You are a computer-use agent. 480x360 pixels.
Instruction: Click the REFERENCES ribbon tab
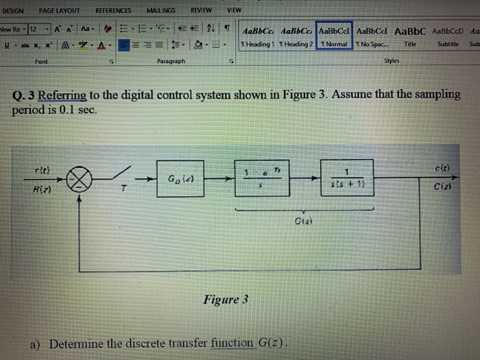(x=113, y=11)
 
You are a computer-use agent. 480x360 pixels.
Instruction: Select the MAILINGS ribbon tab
(x=160, y=11)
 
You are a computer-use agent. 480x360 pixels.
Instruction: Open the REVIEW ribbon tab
(x=201, y=11)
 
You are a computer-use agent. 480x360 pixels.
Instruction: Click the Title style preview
(x=410, y=37)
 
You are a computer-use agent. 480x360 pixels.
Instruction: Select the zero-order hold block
(x=262, y=178)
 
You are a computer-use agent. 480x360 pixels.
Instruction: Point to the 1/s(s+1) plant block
(x=347, y=178)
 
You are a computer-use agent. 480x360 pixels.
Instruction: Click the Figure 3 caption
(x=226, y=300)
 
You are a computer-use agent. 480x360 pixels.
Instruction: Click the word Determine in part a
(x=76, y=344)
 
